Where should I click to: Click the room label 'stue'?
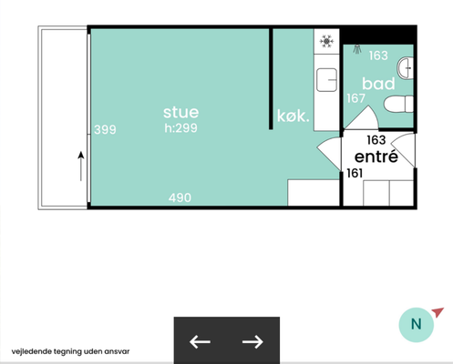pos(181,112)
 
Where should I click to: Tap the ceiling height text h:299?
pos(181,128)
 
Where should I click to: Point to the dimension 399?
pos(105,129)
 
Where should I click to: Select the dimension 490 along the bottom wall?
pos(180,197)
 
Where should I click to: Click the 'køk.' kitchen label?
pos(293,116)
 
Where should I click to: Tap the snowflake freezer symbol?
pos(326,41)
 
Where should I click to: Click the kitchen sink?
pos(326,80)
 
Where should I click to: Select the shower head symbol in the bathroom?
pos(357,49)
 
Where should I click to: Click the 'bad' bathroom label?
pos(378,84)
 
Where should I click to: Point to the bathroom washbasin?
pos(406,68)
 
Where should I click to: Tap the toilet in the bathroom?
pos(398,105)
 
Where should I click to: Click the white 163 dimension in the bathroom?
pos(378,56)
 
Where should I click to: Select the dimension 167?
pos(355,98)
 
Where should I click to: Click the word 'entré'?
pos(376,157)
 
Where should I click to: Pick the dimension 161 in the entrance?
pos(355,173)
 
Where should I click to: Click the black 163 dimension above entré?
pos(376,140)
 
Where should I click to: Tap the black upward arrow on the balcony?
pos(81,167)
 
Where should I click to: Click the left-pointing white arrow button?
pos(200,342)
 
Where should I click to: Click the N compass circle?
pos(417,325)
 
